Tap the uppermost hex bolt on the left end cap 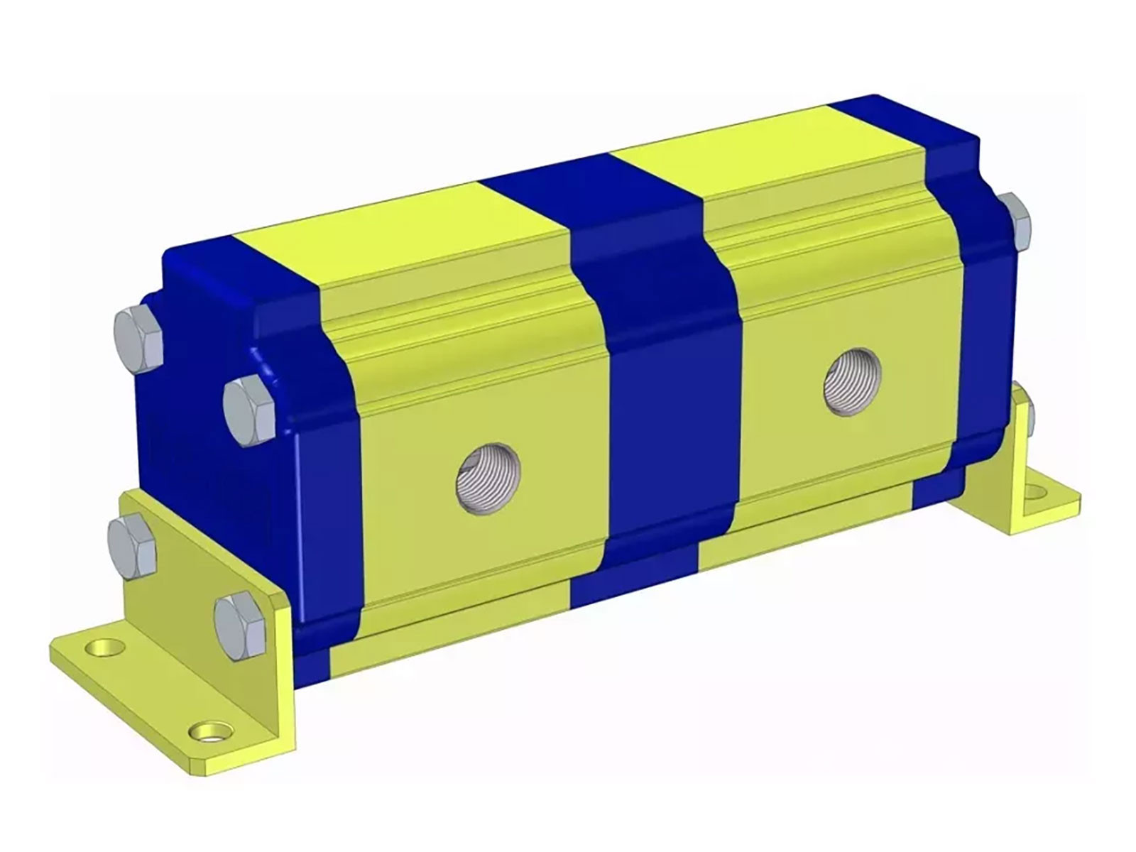pos(138,339)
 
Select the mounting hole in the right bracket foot pos(1037,491)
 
